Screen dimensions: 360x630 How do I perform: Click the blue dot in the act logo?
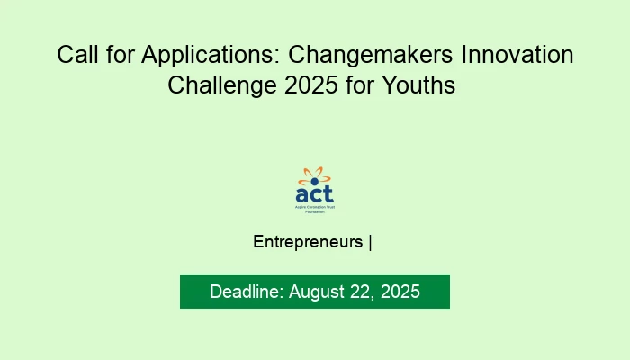[x=314, y=181]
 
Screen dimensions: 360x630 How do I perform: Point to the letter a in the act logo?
[x=303, y=193]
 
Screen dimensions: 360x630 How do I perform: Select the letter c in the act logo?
[x=316, y=194]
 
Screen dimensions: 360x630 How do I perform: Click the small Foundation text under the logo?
[x=314, y=211]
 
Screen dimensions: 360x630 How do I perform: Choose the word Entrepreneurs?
[x=309, y=242]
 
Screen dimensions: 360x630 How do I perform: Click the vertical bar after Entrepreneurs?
[x=371, y=242]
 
